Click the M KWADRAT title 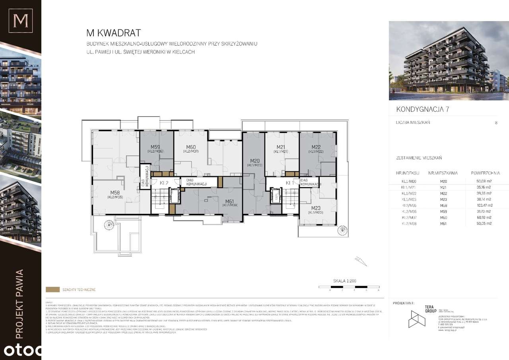point(114,33)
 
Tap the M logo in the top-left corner point(21,21)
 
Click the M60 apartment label point(190,147)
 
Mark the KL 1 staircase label point(289,183)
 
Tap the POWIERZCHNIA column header point(485,173)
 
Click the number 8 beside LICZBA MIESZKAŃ point(496,123)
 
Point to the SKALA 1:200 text point(344,281)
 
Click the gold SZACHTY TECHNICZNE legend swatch point(52,290)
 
